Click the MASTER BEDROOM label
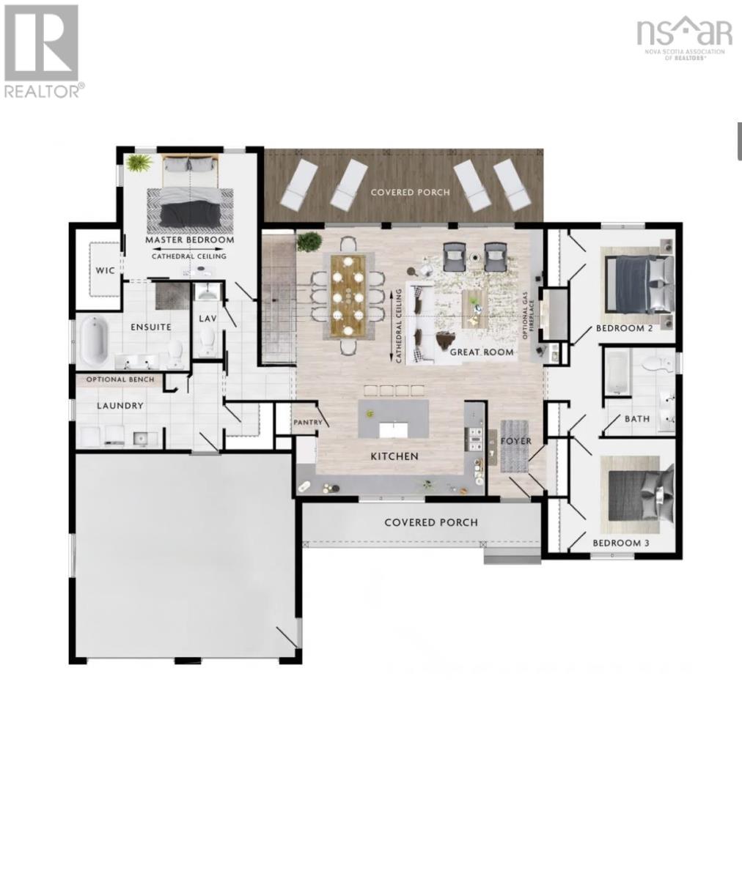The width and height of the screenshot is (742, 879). click(190, 240)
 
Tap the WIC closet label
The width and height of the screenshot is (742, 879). click(105, 270)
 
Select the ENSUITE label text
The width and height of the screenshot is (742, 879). click(151, 327)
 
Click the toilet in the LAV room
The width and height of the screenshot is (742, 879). click(207, 341)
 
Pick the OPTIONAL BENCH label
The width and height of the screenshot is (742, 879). click(120, 379)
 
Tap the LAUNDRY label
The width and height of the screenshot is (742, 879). click(120, 406)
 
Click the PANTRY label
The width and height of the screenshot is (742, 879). click(307, 423)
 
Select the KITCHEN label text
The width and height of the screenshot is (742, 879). click(394, 456)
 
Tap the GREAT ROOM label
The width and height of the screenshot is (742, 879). click(482, 352)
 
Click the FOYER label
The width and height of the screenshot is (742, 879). click(515, 441)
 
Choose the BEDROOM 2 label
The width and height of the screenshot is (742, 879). click(624, 328)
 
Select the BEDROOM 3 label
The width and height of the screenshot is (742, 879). click(621, 543)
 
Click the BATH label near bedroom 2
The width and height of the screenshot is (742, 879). click(636, 419)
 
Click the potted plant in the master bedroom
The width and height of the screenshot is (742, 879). click(137, 163)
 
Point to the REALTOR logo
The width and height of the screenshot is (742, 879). click(42, 51)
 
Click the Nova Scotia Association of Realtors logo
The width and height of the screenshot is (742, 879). click(685, 38)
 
